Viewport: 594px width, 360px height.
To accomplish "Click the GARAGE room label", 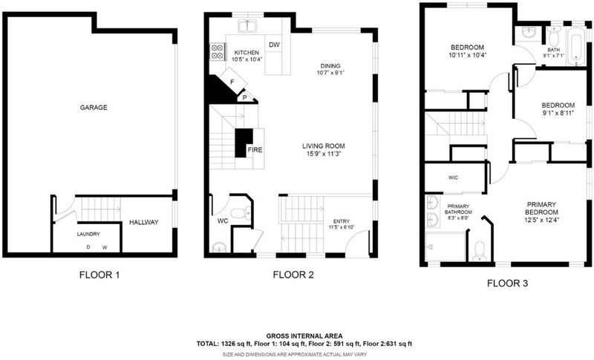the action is (94, 108).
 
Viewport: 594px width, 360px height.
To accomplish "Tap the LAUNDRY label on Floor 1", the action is (88, 235).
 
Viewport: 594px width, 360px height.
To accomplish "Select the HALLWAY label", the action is (144, 222).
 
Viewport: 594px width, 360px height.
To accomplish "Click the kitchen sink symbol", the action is (247, 26).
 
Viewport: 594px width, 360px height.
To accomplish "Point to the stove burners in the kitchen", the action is (217, 51).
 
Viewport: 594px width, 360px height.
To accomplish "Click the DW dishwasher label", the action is (274, 45).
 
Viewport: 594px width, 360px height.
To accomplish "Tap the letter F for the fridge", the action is (232, 82).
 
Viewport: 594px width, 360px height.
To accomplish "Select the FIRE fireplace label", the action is (255, 150).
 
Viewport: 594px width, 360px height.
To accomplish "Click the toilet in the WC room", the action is (241, 214).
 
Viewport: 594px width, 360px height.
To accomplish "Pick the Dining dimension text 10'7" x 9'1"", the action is (330, 73).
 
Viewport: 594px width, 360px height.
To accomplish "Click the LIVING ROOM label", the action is (324, 146).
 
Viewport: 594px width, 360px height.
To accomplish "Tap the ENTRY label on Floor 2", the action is (342, 221).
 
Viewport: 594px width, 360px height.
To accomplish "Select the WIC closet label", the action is (453, 177).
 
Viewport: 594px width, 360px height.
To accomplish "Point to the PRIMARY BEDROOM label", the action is (541, 208).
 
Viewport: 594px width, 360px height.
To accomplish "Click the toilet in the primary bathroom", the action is (480, 251).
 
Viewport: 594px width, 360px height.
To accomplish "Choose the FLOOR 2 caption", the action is (293, 275).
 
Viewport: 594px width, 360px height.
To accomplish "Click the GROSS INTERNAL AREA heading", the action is (304, 336).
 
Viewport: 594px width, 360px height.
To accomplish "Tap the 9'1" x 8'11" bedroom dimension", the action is (558, 112).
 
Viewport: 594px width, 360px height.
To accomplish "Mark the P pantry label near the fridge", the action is (245, 98).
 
